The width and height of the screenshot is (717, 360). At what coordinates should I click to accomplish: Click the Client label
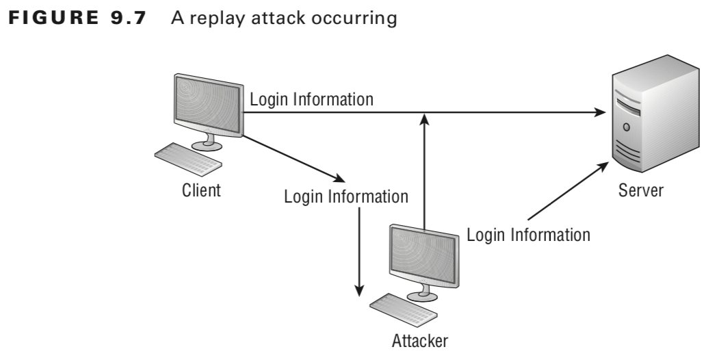pos(201,190)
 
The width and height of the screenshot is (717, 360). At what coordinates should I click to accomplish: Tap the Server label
pos(640,190)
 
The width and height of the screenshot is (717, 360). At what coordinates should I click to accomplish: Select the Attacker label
pos(420,339)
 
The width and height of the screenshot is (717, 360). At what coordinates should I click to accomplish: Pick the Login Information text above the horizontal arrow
pos(311,99)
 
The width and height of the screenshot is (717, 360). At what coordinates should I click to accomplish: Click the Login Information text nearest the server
pos(528,235)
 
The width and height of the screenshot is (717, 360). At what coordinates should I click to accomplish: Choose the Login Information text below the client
pos(346,197)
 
